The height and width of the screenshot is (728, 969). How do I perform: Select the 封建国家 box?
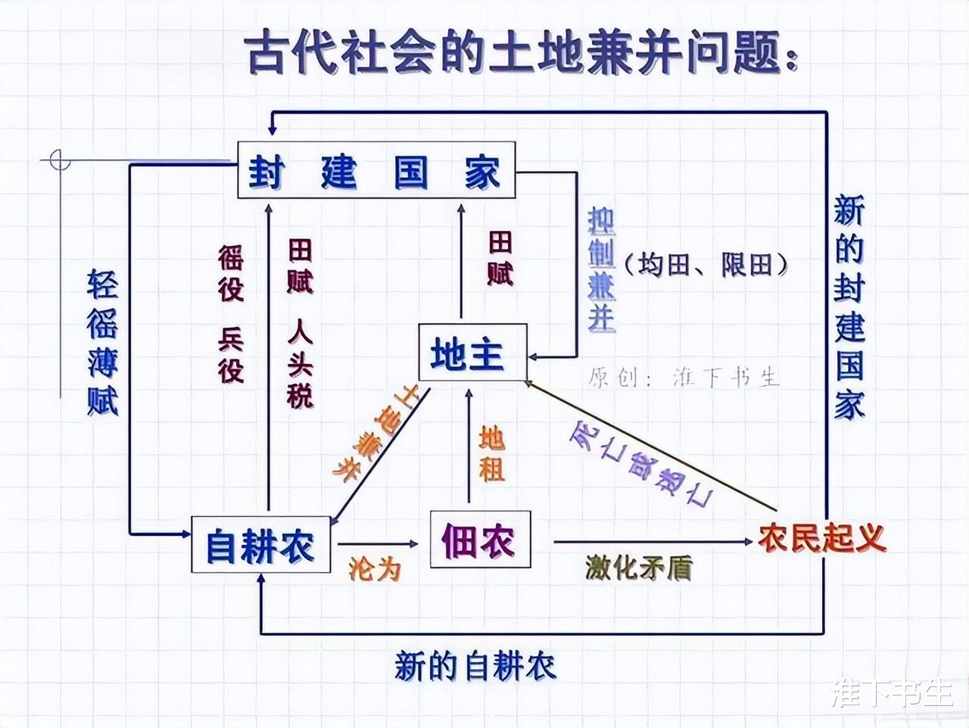click(x=375, y=170)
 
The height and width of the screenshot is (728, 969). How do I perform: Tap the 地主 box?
click(x=472, y=353)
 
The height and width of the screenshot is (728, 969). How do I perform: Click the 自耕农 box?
click(x=260, y=545)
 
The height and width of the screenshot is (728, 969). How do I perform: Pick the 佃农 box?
click(x=480, y=540)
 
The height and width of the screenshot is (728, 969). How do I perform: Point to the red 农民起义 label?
click(x=821, y=538)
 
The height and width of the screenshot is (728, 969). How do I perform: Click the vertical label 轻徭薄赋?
click(x=103, y=341)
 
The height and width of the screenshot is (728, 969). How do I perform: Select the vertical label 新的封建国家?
click(x=849, y=306)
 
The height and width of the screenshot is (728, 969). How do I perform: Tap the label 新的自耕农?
click(x=475, y=666)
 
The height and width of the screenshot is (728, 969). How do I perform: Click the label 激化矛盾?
click(x=639, y=568)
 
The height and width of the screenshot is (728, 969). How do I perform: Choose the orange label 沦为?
click(x=374, y=568)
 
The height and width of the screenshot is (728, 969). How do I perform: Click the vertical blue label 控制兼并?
click(x=602, y=269)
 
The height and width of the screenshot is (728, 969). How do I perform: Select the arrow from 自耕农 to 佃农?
click(x=377, y=543)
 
